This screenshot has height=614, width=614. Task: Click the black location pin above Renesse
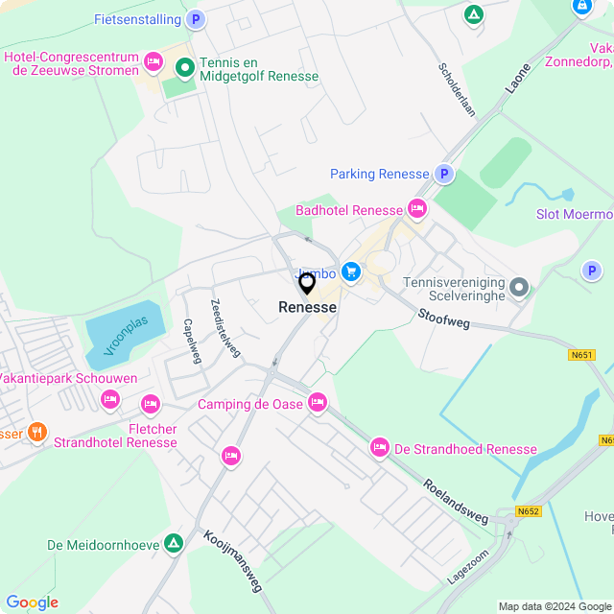click(307, 283)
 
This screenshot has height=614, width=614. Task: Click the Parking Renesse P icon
click(443, 174)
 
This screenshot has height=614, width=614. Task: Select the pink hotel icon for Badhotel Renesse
click(416, 208)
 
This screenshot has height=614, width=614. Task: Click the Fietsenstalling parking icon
click(196, 19)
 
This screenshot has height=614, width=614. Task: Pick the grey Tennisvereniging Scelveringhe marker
click(519, 287)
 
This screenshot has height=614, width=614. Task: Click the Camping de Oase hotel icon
click(317, 403)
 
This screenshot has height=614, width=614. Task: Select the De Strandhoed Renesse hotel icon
click(380, 448)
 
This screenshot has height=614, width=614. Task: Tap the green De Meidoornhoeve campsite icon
click(173, 544)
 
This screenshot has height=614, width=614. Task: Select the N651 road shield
click(581, 355)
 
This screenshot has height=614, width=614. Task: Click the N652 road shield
click(528, 511)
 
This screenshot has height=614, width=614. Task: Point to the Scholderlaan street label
click(457, 90)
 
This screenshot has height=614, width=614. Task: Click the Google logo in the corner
click(32, 602)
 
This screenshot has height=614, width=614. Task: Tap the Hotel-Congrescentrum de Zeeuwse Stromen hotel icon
click(153, 63)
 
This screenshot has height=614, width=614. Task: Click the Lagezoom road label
click(467, 567)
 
